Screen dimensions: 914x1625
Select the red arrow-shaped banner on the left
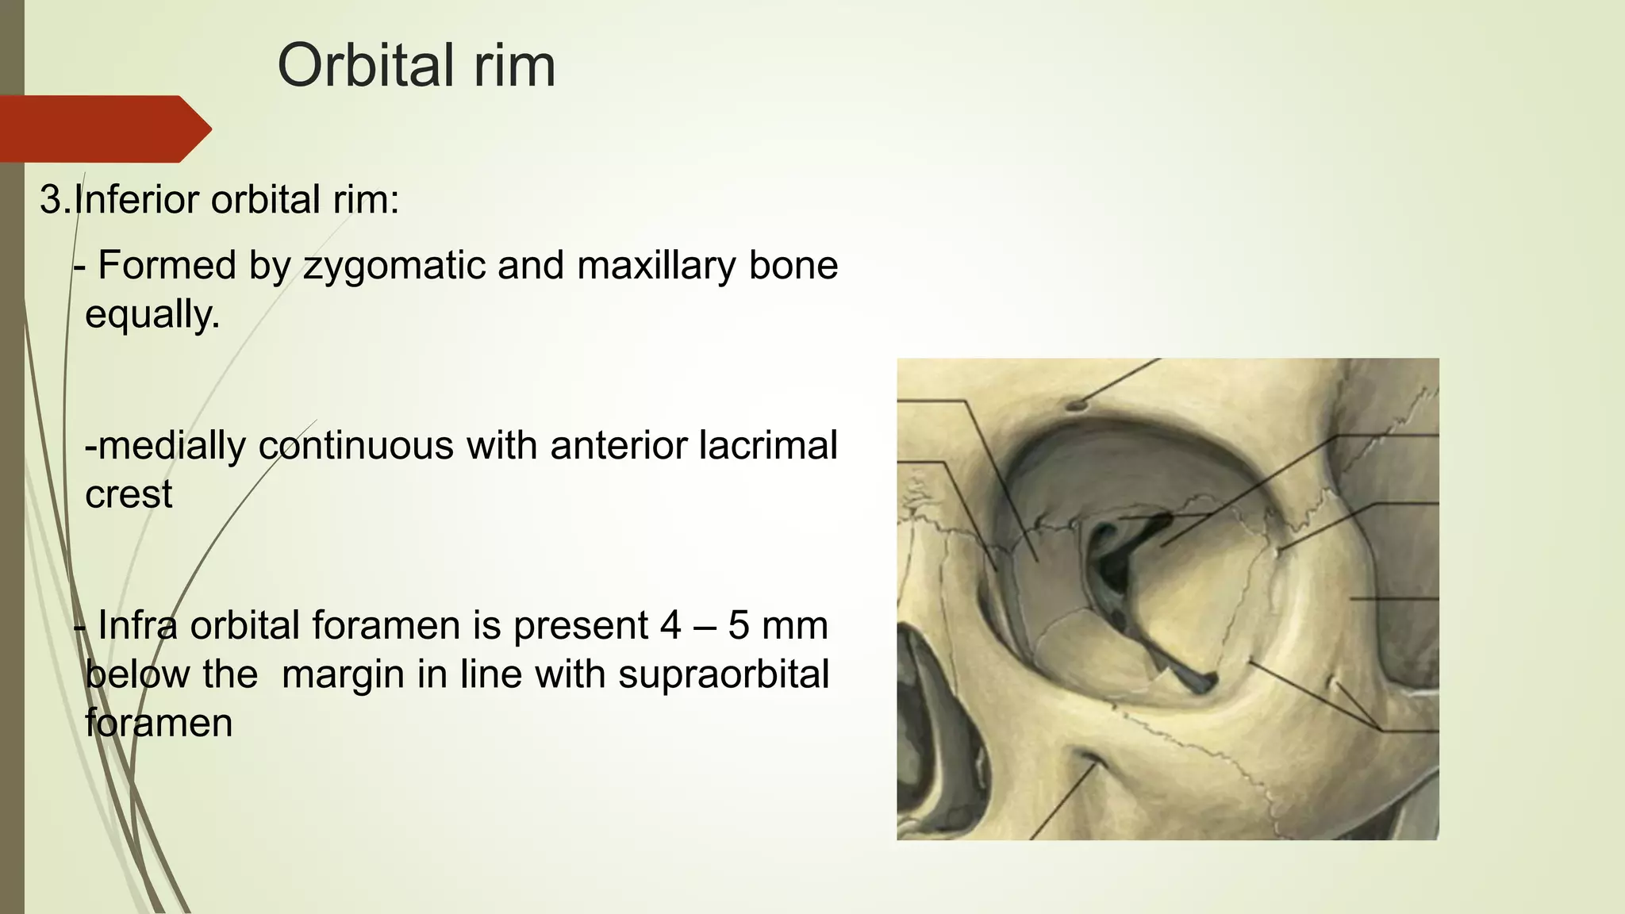point(103,129)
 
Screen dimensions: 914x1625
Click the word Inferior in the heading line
point(138,199)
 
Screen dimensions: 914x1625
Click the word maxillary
point(656,265)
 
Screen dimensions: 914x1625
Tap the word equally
point(152,315)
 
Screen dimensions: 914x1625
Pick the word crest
point(129,494)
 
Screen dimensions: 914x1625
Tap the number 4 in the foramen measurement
point(670,625)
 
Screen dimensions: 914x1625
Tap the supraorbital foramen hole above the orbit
point(1076,405)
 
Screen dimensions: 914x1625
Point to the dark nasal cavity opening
point(940,714)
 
